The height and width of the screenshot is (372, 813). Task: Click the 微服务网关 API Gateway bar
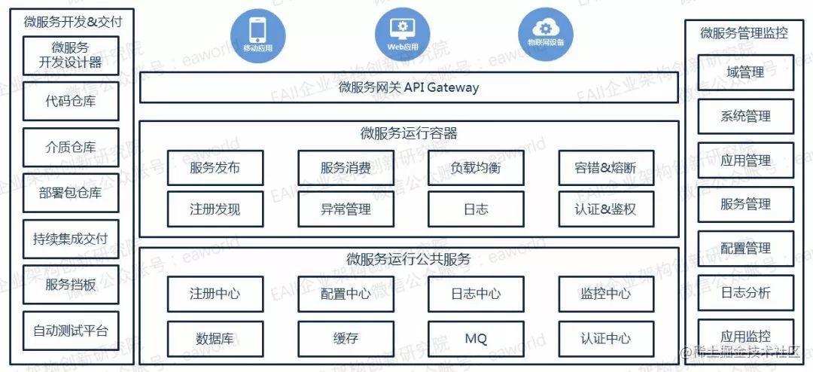coord(409,88)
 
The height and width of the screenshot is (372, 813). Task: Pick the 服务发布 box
coord(215,168)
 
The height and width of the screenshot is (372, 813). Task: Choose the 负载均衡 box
coord(476,168)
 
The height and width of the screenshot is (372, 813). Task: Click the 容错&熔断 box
coord(606,168)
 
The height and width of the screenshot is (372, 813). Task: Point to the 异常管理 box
coord(346,209)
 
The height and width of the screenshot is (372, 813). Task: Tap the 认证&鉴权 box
coord(606,209)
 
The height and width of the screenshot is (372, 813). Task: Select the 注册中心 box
coord(215,294)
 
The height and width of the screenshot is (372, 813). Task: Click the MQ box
coord(476,339)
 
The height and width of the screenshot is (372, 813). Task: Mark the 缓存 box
coord(346,339)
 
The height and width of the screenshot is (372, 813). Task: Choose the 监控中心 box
coord(606,294)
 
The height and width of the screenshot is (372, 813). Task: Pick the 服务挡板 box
coord(71,285)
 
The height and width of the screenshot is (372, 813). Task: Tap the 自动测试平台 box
coord(71,330)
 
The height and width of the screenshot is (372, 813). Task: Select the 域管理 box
coord(745,73)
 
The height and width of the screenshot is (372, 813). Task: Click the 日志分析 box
coord(745,292)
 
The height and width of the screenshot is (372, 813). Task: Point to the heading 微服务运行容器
coord(409,134)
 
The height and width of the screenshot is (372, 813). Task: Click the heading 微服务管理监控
coord(744,33)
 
